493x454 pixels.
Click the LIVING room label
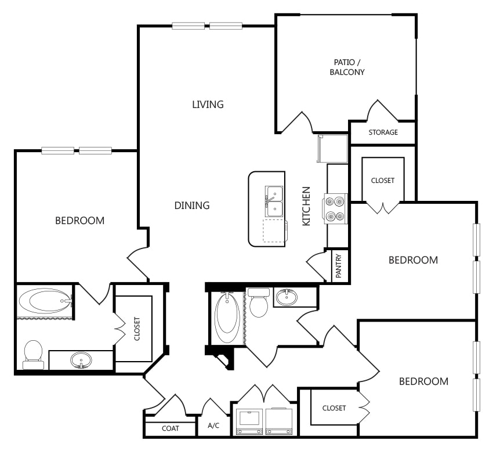click(x=208, y=104)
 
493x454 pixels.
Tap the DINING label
click(x=192, y=206)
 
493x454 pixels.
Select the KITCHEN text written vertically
click(x=306, y=206)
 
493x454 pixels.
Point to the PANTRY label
click(x=339, y=266)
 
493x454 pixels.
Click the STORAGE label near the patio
click(x=383, y=132)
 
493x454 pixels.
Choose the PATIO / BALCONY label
click(x=347, y=67)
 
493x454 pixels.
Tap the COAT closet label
click(x=171, y=428)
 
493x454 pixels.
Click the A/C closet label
click(x=213, y=426)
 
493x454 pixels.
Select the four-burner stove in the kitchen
click(x=335, y=208)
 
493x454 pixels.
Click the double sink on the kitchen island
click(x=274, y=201)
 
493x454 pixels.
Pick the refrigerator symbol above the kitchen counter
click(x=333, y=149)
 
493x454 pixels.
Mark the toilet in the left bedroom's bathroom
click(x=33, y=355)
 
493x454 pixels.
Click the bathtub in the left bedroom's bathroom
click(x=45, y=301)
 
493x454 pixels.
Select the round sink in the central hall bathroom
click(x=287, y=297)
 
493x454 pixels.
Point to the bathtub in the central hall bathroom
click(x=227, y=317)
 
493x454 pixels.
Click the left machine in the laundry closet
click(x=249, y=421)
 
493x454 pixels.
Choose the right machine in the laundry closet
click(x=279, y=421)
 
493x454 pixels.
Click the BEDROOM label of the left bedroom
click(x=80, y=221)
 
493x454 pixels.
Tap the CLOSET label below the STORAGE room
click(x=383, y=181)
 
